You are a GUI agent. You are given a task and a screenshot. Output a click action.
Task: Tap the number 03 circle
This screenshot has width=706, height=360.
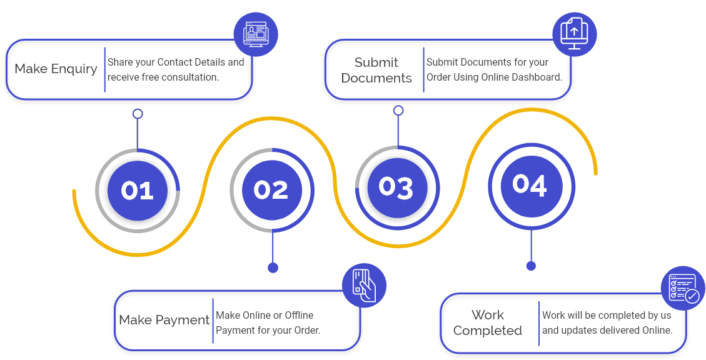tap(397, 187)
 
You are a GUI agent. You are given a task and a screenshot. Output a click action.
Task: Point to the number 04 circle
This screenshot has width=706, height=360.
tap(530, 185)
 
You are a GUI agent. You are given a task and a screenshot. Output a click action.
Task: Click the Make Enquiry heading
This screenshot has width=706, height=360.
tap(56, 69)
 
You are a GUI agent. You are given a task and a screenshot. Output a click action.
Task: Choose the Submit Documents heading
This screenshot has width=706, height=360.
tap(376, 70)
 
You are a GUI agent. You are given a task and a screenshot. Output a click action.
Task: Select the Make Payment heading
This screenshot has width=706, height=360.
tap(164, 320)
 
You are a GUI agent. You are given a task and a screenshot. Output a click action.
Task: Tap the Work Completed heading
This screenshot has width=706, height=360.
tap(488, 322)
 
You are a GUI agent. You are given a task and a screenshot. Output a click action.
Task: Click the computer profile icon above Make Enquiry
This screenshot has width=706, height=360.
tap(255, 34)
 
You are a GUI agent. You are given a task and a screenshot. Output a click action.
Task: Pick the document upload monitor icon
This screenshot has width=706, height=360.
tap(574, 34)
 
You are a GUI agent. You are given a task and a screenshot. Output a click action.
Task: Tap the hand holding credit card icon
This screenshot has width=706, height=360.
tap(364, 285)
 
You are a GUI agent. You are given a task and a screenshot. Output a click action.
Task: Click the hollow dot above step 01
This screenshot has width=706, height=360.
tap(138, 114)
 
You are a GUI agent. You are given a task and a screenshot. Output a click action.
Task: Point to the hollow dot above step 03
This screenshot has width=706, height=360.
tap(398, 111)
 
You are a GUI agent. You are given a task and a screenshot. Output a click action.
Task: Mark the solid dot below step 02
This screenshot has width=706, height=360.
tap(273, 267)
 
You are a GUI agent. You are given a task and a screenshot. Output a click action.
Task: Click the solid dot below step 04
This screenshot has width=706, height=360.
tap(531, 266)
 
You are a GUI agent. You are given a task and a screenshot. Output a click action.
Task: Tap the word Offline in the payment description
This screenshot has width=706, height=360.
tap(299, 315)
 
